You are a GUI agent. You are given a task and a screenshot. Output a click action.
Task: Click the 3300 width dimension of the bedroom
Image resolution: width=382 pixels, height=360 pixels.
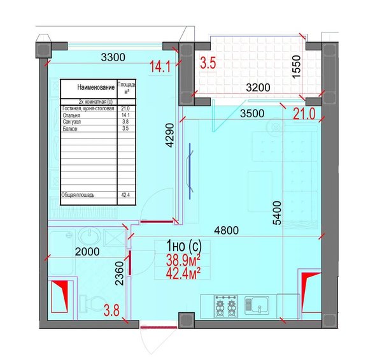pos(113,57)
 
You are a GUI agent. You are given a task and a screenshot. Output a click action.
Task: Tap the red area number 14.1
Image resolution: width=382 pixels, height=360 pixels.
pos(160,67)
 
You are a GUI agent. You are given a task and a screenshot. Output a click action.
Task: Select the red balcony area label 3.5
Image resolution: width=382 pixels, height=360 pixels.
pos(208,62)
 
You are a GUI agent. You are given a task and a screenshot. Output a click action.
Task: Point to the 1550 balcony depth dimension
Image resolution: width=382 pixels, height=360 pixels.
pos(297,67)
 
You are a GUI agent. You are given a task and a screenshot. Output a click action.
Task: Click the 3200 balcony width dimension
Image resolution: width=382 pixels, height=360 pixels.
pos(258,87)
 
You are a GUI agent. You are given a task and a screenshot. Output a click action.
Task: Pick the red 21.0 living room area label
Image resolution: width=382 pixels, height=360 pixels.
pos(304,114)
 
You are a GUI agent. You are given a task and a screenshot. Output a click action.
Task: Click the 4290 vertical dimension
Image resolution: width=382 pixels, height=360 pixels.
pos(169,135)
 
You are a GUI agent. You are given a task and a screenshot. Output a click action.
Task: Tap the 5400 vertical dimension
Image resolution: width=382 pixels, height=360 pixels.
pos(277,213)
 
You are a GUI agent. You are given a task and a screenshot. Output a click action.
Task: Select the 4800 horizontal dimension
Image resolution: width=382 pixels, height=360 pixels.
pos(226,230)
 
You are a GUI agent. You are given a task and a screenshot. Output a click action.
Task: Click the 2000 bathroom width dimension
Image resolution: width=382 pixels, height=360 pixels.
pos(87,252)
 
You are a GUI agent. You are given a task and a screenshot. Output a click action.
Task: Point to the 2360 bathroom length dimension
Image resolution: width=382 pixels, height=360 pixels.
pos(120,273)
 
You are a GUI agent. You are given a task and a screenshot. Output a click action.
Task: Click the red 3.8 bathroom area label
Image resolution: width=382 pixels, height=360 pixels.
pos(111,311)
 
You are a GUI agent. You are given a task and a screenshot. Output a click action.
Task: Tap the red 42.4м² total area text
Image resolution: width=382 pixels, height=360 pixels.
pos(183,273)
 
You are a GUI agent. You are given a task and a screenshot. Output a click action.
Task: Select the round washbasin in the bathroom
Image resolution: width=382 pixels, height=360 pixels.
pos(89,236)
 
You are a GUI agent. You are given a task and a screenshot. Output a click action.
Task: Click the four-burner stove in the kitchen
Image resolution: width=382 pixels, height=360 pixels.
pos(226,306)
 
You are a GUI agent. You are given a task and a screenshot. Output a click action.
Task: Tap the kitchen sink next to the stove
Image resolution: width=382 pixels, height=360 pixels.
pos(257,305)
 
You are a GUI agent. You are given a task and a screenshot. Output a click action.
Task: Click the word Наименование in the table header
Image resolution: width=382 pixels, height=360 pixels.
pos(95,87)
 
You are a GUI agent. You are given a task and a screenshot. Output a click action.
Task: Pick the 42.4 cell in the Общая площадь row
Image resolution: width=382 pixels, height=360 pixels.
pos(125,195)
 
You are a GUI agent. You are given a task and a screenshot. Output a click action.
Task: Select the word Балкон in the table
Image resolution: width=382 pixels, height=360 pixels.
pos(70,129)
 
